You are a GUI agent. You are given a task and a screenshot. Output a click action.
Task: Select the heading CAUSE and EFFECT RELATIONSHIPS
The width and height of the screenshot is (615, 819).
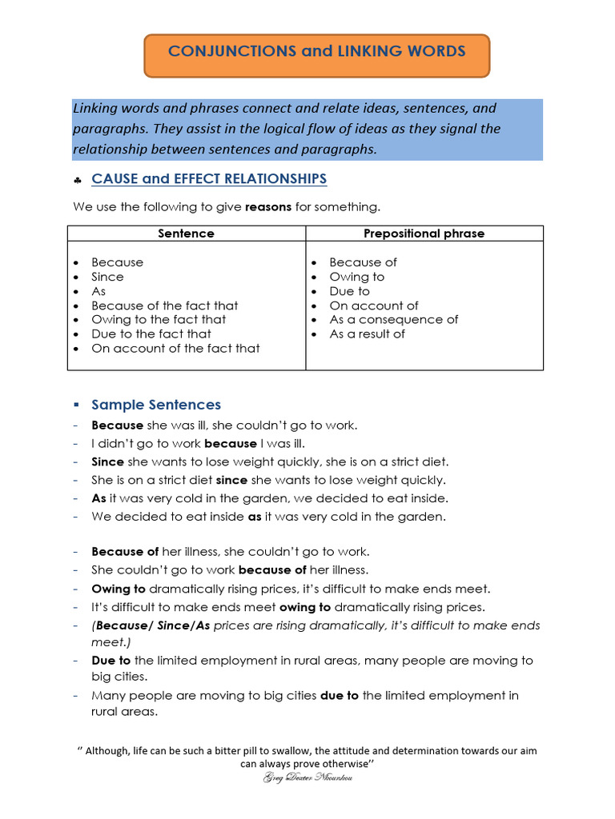pos(209,178)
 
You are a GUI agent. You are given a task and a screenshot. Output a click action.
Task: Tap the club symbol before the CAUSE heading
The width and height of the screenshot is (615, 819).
pos(78,180)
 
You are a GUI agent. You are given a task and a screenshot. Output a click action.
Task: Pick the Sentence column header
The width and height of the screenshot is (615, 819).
pos(186,234)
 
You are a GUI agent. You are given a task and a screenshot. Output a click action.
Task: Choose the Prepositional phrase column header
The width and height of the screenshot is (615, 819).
pos(424,234)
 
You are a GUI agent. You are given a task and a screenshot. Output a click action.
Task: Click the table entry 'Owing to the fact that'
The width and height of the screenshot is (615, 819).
pos(159,319)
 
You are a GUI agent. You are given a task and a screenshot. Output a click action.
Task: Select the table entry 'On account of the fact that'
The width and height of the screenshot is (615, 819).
pos(175,348)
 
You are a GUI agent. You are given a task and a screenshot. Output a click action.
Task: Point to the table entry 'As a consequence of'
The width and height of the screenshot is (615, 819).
pos(393,319)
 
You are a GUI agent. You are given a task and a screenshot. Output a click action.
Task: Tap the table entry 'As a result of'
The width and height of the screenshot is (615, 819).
pos(367,334)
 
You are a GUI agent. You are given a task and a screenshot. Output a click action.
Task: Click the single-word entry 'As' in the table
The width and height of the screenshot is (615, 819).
pos(98,291)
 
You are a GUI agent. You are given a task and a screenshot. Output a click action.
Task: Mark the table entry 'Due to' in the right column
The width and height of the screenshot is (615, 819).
pos(349,291)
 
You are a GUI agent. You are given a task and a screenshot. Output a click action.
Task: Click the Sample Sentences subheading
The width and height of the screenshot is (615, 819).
pos(156,405)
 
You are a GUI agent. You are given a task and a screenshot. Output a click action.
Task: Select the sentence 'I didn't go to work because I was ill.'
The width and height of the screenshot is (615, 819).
pos(198,443)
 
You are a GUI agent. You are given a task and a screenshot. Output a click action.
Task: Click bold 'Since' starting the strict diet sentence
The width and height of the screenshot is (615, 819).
pos(107,461)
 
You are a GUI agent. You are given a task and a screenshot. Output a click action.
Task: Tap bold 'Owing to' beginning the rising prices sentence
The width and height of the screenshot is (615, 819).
pos(119,588)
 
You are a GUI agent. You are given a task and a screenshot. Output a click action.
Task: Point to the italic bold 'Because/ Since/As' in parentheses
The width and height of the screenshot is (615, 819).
pos(152,625)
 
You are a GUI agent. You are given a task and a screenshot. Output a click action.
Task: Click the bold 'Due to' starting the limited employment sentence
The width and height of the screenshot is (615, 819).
pos(111,661)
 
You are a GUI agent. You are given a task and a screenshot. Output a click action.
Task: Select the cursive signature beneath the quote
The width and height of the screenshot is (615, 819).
pos(307,777)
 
